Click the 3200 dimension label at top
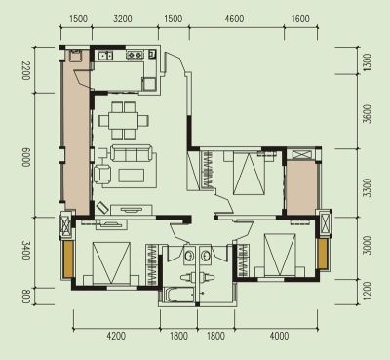pyautogui.click(x=123, y=19)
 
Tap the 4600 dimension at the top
pyautogui.click(x=234, y=19)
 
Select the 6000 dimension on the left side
pyautogui.click(x=26, y=158)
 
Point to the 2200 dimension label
pyautogui.click(x=26, y=70)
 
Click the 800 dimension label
pyautogui.click(x=26, y=297)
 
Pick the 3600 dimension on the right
pyautogui.click(x=367, y=114)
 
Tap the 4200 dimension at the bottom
pyautogui.click(x=116, y=336)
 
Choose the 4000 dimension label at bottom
pyautogui.click(x=279, y=336)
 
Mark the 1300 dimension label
pyautogui.click(x=367, y=62)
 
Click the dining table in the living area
pyautogui.click(x=124, y=121)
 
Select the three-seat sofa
pyautogui.click(x=131, y=153)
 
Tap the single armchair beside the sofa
pyautogui.click(x=102, y=174)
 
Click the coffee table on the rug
pyautogui.click(x=132, y=175)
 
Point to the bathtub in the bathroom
pyautogui.click(x=179, y=296)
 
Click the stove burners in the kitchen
pyautogui.click(x=135, y=55)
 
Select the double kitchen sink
pyautogui.click(x=105, y=56)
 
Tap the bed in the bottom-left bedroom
pyautogui.click(x=111, y=263)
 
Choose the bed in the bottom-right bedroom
pyautogui.click(x=280, y=256)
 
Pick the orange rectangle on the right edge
pyautogui.click(x=323, y=254)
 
